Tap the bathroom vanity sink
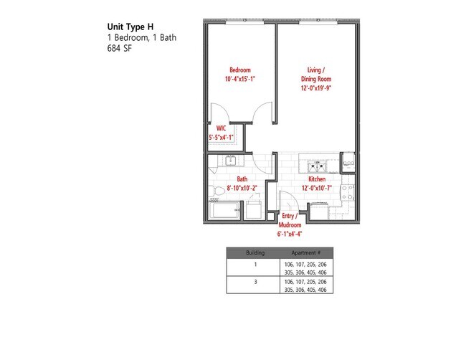click(232, 161)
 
